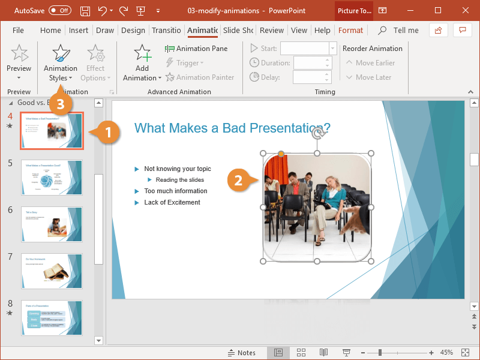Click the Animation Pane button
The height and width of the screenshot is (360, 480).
pos(196,49)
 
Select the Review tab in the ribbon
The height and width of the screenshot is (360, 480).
pos(272,31)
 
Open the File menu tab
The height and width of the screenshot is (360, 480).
pos(18,31)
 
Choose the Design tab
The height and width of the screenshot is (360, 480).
pos(133,31)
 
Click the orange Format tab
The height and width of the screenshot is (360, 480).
pos(350,31)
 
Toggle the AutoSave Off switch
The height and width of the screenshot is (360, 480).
pos(59,10)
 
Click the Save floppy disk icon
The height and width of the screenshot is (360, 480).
pos(85,11)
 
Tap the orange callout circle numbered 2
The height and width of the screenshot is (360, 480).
pos(238,179)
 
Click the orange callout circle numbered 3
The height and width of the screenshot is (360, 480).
pos(59,103)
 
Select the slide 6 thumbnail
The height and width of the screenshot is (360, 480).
pos(52,224)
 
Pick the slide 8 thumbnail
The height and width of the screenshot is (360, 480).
pos(52,317)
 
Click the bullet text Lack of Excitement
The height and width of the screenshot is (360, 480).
pos(172,202)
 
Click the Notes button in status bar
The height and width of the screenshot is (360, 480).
pos(241,352)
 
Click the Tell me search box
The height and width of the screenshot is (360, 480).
pos(406,31)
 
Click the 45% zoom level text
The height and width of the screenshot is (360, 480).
pos(446,352)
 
